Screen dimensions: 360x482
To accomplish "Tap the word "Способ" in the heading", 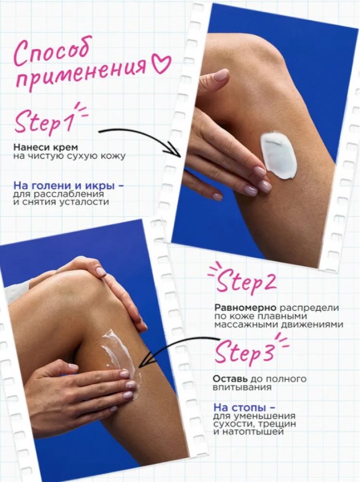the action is pos(52,53).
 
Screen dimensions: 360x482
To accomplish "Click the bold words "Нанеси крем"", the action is pos(45,147).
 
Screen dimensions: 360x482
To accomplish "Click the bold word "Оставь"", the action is pos(230,378).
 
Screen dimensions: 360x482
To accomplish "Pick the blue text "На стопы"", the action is pos(240,408).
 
